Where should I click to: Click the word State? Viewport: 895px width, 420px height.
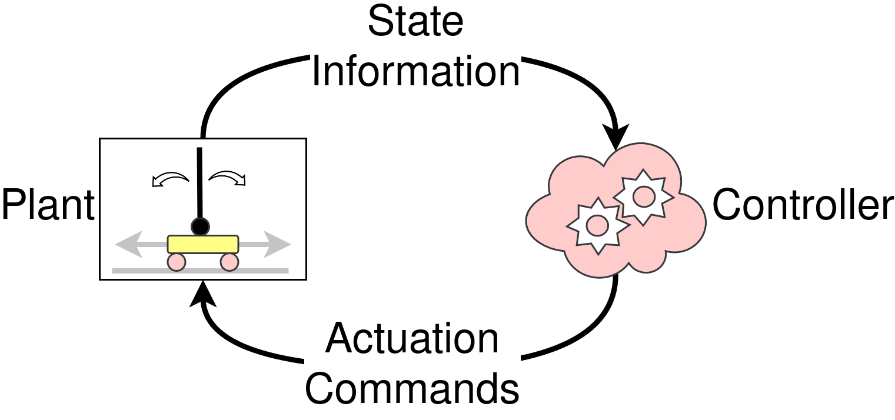point(415,22)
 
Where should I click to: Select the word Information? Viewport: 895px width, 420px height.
point(415,72)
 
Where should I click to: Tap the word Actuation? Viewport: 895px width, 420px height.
point(412,339)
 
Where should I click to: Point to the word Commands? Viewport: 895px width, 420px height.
point(412,389)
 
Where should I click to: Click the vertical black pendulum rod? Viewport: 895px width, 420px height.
point(200,182)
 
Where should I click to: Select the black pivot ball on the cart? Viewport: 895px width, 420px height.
point(200,226)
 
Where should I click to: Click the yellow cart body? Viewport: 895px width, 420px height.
point(203,244)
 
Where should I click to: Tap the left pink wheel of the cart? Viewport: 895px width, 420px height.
point(177,262)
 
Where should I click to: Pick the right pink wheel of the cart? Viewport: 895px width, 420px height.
point(229,262)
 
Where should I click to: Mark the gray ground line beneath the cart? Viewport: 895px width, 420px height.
point(200,271)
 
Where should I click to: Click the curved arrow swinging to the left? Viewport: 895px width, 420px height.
point(170,179)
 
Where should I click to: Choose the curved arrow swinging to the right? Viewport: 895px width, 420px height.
point(228,178)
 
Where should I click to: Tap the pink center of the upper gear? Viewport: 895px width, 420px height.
point(644,196)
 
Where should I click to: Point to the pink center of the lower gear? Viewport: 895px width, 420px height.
point(597,225)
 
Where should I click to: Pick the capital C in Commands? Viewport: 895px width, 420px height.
point(324,389)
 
